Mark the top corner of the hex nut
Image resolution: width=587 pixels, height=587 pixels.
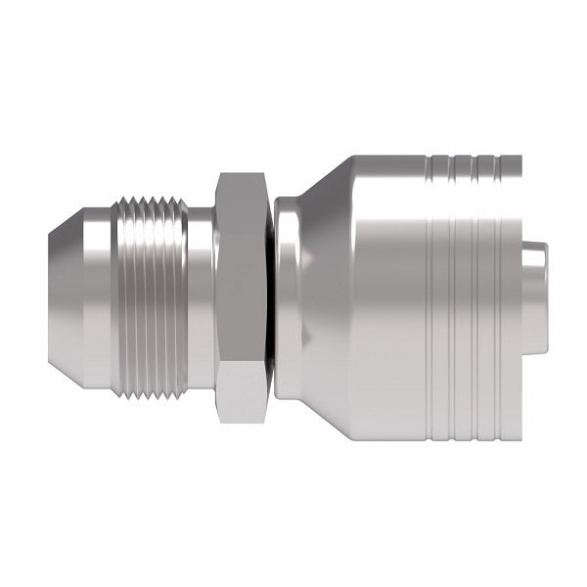[241, 175]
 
